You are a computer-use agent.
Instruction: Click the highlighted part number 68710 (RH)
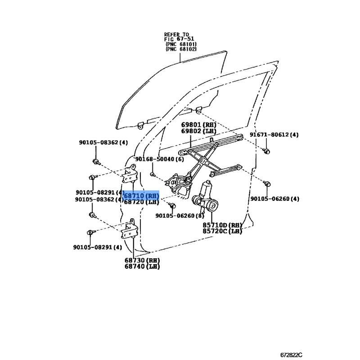pos(141,196)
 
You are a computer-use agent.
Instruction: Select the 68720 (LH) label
pos(141,202)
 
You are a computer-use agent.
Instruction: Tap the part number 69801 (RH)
pos(198,125)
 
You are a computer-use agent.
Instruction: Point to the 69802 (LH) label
pos(198,131)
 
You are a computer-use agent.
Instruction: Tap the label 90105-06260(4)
pos(274,198)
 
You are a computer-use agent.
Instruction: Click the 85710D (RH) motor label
pos(222,225)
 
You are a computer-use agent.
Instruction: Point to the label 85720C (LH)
pos(222,231)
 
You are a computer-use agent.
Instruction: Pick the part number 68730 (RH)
pos(142,260)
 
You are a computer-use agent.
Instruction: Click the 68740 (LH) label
pos(142,266)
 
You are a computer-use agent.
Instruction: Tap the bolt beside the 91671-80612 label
pos(266,150)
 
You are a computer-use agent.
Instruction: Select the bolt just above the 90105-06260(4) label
pos(266,183)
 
